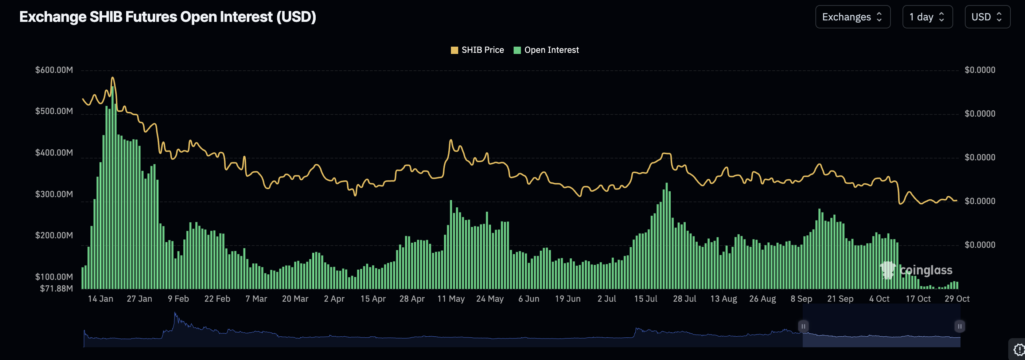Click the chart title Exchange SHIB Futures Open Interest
click(x=168, y=17)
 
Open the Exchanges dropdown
click(x=852, y=17)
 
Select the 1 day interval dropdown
click(x=927, y=17)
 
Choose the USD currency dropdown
click(x=987, y=17)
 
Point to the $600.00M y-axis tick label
click(x=54, y=70)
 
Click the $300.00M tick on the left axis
click(x=54, y=194)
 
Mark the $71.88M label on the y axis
click(x=56, y=288)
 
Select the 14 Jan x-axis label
click(x=100, y=299)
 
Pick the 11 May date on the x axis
click(x=451, y=299)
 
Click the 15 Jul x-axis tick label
click(x=646, y=299)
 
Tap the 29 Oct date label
click(x=957, y=299)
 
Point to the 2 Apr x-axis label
click(x=334, y=299)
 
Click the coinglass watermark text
click(x=925, y=270)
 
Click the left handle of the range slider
click(x=803, y=326)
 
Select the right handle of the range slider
click(x=959, y=326)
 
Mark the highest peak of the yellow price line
click(x=113, y=78)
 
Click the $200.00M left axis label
click(x=54, y=235)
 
